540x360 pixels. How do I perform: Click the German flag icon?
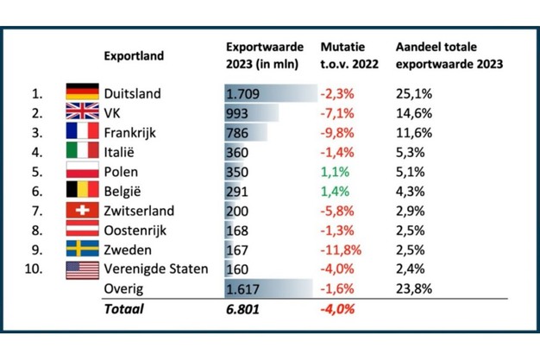pos(83,92)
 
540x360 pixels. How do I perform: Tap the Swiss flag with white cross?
pos(83,210)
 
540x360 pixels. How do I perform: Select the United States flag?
pos(83,269)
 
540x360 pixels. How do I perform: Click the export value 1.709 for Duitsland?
pos(242,93)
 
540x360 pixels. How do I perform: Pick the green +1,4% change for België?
pos(335,191)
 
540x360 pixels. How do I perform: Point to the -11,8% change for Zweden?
pos(340,249)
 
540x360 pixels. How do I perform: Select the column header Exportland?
pos(133,56)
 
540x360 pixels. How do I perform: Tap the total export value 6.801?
pos(243,308)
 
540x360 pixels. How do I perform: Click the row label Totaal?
pos(123,308)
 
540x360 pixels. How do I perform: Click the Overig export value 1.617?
pos(242,288)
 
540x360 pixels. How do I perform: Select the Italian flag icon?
pos(83,151)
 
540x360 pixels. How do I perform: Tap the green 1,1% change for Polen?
pos(335,171)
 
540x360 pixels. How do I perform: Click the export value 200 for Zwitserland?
pos(237,211)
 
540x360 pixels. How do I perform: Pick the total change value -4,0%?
pos(337,308)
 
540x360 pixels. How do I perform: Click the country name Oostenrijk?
pos(135,230)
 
